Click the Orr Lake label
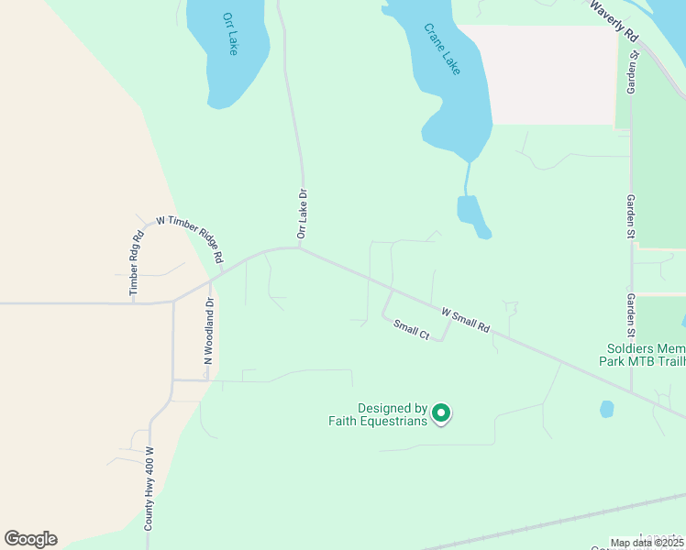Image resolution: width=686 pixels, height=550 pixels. (x=229, y=34)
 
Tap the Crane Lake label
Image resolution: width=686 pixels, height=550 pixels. (x=441, y=49)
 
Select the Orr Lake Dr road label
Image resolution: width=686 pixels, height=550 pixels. (x=302, y=214)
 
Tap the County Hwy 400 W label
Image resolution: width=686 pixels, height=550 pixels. (x=149, y=489)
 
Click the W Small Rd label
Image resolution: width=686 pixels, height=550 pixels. (x=466, y=320)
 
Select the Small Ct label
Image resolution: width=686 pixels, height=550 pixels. (x=412, y=330)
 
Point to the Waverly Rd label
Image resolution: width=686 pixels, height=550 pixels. (x=614, y=20)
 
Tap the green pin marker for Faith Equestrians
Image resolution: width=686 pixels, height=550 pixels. (x=441, y=414)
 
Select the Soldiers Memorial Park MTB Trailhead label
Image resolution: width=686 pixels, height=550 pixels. (x=646, y=355)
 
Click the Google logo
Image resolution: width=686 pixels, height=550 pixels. (x=30, y=539)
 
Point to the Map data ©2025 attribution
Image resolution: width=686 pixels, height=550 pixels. (x=646, y=543)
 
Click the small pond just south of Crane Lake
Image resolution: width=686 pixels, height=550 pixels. (x=470, y=214)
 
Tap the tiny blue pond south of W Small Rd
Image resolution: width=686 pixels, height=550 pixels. (x=606, y=409)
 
